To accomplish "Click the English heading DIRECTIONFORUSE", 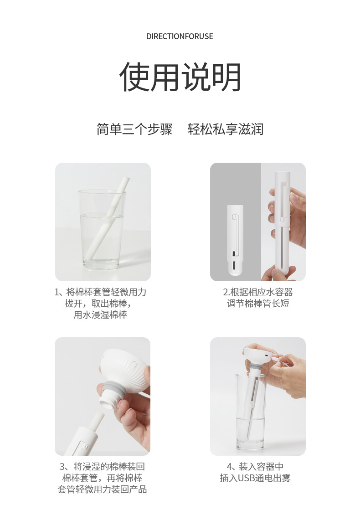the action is click(x=180, y=36).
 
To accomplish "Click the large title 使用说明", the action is click(x=180, y=77).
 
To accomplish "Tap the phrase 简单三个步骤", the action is click(x=134, y=129).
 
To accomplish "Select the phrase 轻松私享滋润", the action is click(x=226, y=129).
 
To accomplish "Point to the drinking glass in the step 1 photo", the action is click(x=102, y=229).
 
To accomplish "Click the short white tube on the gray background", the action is click(x=235, y=240).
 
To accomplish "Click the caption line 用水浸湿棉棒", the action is click(x=100, y=314).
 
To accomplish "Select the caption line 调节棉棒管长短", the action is click(x=258, y=304).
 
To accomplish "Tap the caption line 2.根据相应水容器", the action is click(x=258, y=292).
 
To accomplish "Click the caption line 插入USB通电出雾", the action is click(x=255, y=478).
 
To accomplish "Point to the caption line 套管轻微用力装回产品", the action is click(x=103, y=489).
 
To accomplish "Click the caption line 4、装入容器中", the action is click(x=255, y=466).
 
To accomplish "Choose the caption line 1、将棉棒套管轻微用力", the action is click(x=100, y=292).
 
